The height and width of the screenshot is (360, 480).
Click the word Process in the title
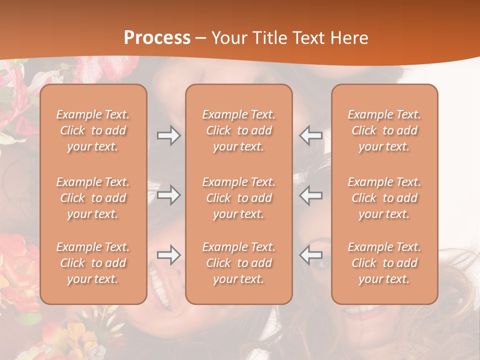point(157,37)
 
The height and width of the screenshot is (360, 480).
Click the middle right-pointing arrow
point(168,195)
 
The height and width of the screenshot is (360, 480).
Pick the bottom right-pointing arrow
point(168,255)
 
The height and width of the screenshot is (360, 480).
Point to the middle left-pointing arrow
point(311,195)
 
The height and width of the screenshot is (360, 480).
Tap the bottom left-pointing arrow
point(311,255)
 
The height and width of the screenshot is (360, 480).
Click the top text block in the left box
point(93,130)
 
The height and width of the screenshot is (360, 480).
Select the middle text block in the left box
point(93,198)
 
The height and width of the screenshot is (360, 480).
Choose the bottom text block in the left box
point(93,263)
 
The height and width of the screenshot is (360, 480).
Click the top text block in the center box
point(239,130)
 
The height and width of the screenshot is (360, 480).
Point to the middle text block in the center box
point(239,198)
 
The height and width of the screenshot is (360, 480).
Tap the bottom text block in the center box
point(239,263)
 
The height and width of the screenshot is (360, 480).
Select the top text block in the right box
point(384,130)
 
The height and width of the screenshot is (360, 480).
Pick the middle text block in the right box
point(384,198)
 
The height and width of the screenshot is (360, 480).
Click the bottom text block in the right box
point(384,263)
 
